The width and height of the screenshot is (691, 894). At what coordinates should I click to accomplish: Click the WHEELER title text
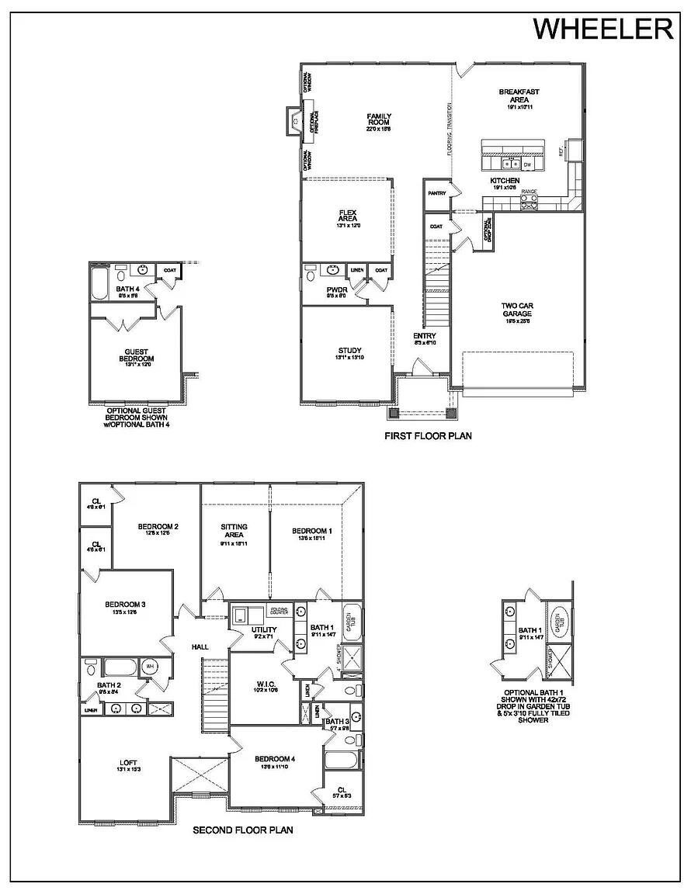pos(602,29)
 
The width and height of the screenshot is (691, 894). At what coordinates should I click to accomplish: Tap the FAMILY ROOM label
pos(379,120)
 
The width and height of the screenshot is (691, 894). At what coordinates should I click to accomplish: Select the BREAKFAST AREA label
pos(519,95)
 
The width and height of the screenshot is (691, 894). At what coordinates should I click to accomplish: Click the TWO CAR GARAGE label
pos(516,310)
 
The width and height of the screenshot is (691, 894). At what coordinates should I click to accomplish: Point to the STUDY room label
pos(349,351)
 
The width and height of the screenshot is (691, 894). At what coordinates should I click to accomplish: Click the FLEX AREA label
pos(347,215)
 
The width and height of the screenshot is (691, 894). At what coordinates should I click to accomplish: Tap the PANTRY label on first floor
pos(436,193)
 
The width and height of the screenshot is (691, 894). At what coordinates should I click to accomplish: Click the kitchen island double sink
pos(510,164)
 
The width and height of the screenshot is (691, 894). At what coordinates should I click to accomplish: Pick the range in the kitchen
pos(528,201)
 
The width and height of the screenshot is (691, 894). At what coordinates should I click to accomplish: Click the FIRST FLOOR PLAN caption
pos(428,436)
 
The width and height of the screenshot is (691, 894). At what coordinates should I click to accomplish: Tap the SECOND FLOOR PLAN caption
pos(242,830)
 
